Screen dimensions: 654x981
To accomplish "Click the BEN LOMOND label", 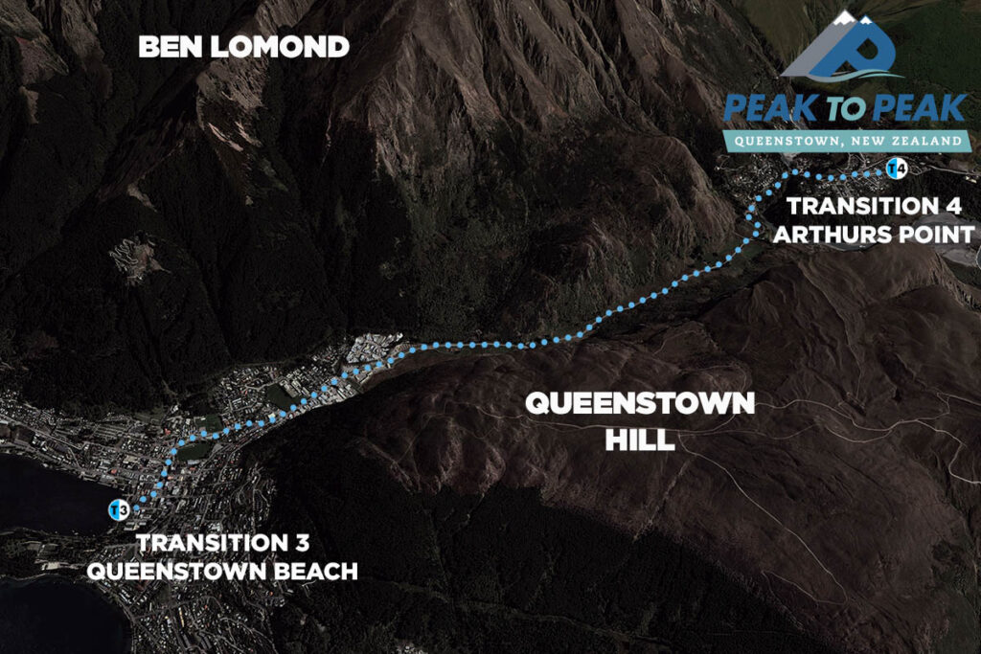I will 243,47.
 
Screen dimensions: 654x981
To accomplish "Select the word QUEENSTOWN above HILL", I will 640,404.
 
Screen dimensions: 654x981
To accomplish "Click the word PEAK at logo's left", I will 766,107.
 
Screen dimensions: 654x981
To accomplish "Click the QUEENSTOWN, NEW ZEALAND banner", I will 847,141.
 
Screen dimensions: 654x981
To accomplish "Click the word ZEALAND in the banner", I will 928,141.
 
